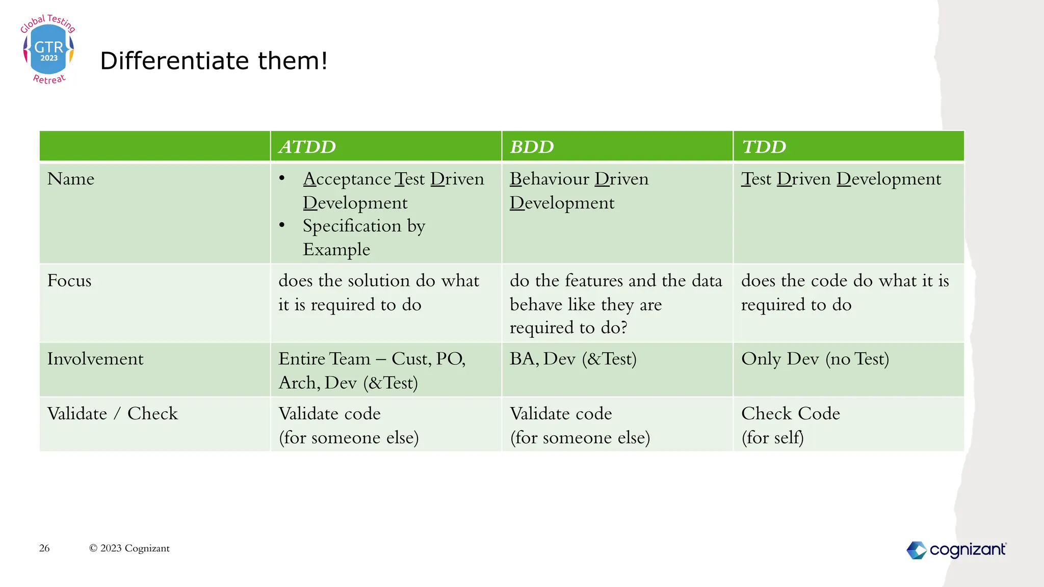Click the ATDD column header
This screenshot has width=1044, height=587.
tap(307, 147)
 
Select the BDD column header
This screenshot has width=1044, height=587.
tap(532, 147)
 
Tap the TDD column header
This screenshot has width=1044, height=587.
tap(764, 147)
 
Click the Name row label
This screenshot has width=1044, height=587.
tap(71, 179)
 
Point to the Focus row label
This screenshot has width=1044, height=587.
tap(69, 281)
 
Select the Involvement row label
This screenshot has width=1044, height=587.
tap(95, 359)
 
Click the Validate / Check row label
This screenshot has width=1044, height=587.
tap(113, 414)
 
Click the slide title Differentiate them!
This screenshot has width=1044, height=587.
tap(214, 61)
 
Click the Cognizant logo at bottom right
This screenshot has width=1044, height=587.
tap(956, 550)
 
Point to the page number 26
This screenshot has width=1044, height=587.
tap(44, 548)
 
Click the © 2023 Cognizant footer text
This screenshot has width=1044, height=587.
tap(129, 548)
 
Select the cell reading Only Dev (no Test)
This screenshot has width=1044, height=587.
tap(815, 359)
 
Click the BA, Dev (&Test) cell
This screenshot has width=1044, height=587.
tap(573, 359)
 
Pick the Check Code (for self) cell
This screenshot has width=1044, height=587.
tap(790, 425)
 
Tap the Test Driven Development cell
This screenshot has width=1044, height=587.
tap(841, 179)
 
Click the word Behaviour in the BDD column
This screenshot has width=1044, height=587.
tap(549, 179)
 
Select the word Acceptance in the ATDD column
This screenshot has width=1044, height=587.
tap(347, 179)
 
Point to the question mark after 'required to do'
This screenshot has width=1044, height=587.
tap(623, 328)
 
